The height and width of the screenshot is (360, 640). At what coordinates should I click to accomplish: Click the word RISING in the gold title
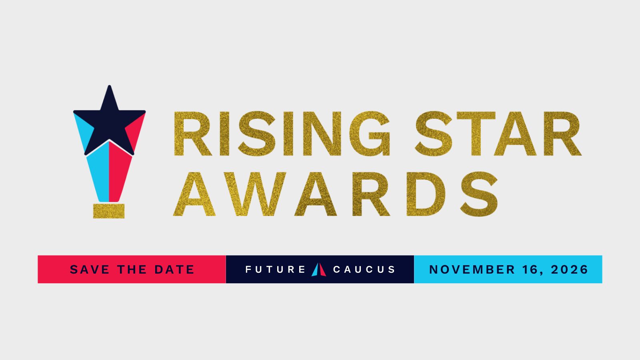(282, 134)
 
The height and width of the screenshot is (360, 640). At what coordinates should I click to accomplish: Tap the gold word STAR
(498, 134)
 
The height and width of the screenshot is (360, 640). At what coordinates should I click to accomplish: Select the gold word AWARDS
(336, 194)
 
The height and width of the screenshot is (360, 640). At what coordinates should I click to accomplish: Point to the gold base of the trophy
(109, 211)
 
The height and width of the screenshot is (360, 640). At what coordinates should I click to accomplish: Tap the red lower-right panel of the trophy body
(120, 172)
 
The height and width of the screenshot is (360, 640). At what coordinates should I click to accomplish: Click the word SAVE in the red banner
(90, 270)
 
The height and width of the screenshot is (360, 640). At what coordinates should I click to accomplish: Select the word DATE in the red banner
(174, 270)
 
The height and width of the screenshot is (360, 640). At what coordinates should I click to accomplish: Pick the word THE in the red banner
(132, 270)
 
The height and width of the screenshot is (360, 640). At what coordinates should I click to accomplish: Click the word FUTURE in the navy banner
(276, 270)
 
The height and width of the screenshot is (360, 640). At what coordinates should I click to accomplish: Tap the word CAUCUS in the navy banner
(364, 270)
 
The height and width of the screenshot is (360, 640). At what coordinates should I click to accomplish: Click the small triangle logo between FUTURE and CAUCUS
(319, 270)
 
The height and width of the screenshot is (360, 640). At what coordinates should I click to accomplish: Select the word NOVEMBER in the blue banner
(472, 270)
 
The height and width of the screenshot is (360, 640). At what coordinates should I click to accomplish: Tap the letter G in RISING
(370, 134)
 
